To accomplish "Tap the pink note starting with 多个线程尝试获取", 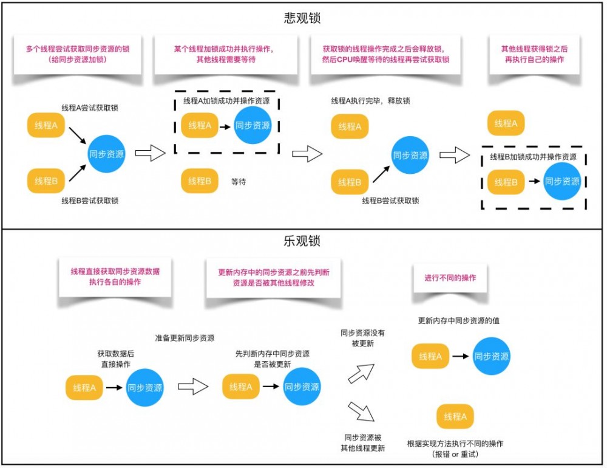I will [76, 54].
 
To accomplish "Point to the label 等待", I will [239, 181].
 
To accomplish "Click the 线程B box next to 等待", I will [199, 181].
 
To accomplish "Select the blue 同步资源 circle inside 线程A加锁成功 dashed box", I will [253, 126].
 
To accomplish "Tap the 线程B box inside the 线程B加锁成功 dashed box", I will [506, 182].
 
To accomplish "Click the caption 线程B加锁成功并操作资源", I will [534, 156].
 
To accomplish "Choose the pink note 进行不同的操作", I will [450, 278].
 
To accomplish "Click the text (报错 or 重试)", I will [455, 454].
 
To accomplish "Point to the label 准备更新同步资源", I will [185, 338].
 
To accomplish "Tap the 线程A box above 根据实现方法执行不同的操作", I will [455, 417].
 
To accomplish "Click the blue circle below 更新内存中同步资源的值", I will [490, 357].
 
